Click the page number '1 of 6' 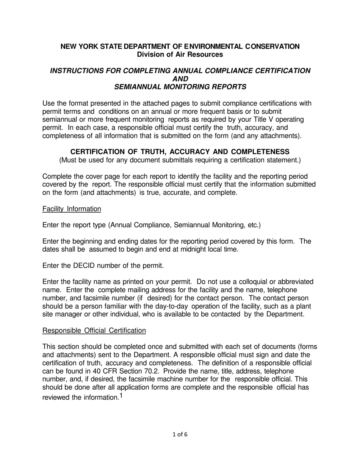tap(180, 435)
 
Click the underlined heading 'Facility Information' tap(72, 209)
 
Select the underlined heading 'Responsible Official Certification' tap(94, 331)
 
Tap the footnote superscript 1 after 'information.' tap(121, 396)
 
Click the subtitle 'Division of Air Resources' tap(180, 55)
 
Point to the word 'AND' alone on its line tap(180, 79)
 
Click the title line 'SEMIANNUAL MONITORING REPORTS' tap(180, 87)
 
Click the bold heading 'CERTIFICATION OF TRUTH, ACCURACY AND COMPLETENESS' tap(180, 152)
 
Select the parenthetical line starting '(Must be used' tap(180, 160)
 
